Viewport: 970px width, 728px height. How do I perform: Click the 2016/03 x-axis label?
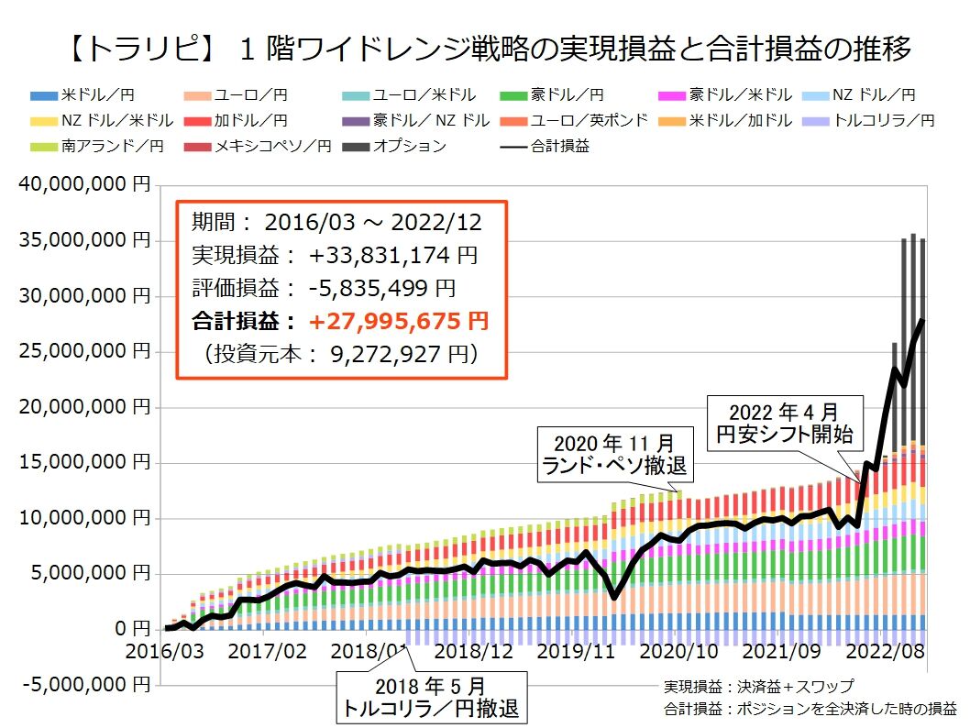point(161,651)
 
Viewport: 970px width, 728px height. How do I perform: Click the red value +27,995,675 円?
point(398,321)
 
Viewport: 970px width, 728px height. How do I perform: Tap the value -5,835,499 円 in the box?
point(381,288)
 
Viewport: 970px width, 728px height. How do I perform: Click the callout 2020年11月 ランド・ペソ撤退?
point(614,453)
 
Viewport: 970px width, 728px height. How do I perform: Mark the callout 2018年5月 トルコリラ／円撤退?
point(432,697)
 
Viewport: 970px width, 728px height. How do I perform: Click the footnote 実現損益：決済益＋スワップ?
point(760,686)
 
